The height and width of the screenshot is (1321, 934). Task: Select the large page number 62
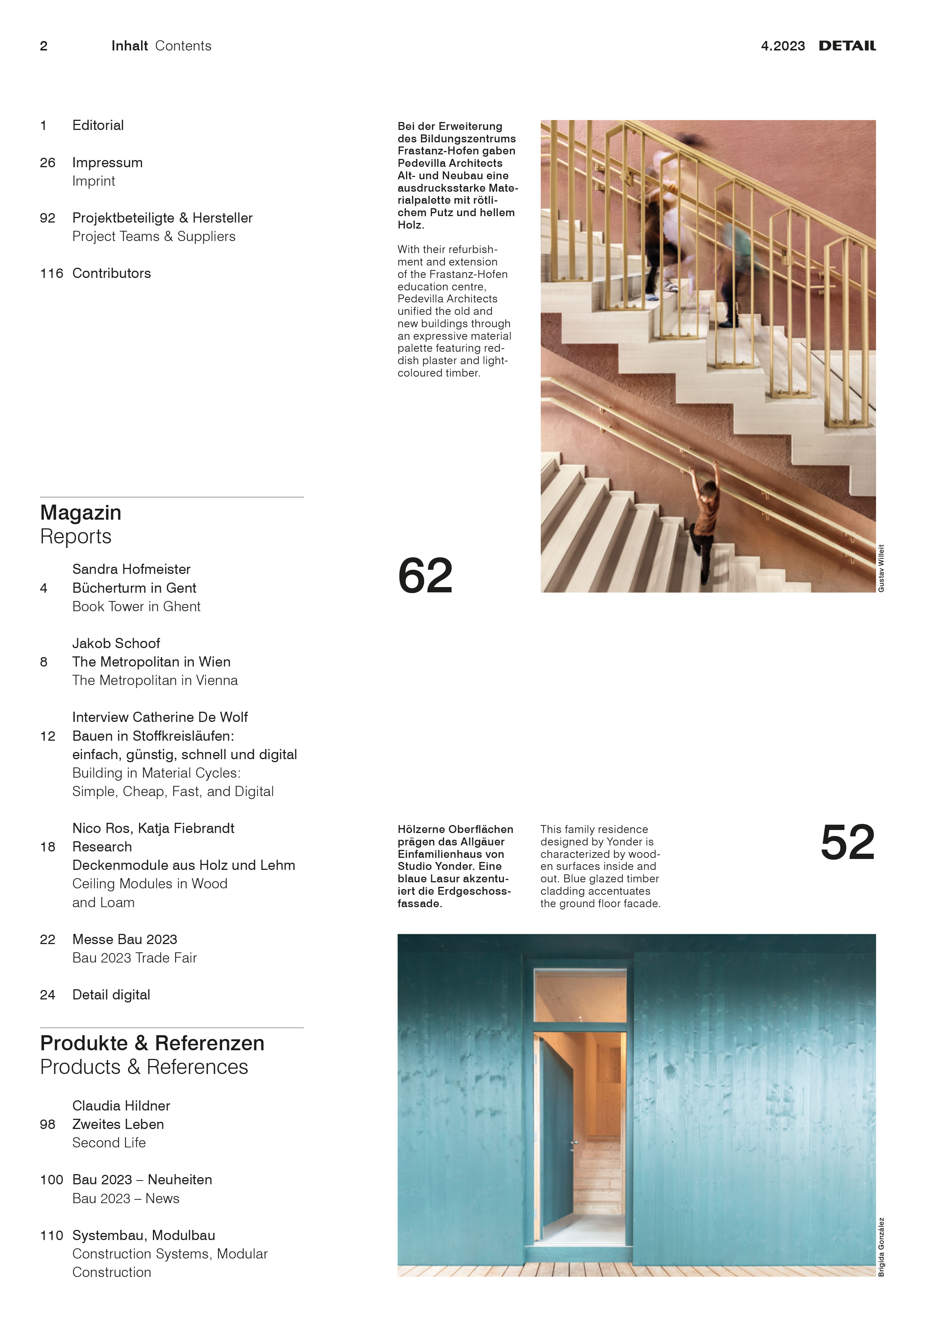[425, 575]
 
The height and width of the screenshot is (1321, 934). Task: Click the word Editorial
[98, 125]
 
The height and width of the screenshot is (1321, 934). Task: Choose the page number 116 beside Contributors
[51, 273]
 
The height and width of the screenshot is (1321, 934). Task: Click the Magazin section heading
[81, 513]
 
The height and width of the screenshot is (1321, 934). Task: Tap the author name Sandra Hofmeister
[131, 569]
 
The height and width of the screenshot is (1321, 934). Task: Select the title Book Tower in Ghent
[136, 606]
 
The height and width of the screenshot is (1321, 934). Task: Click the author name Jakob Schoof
[116, 643]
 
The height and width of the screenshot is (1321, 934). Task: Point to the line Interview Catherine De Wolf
[160, 717]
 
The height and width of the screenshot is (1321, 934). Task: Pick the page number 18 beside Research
[48, 847]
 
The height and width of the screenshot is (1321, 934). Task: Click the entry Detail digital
[111, 995]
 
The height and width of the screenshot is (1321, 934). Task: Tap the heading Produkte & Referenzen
[152, 1043]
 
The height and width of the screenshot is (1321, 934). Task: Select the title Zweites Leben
[118, 1124]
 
